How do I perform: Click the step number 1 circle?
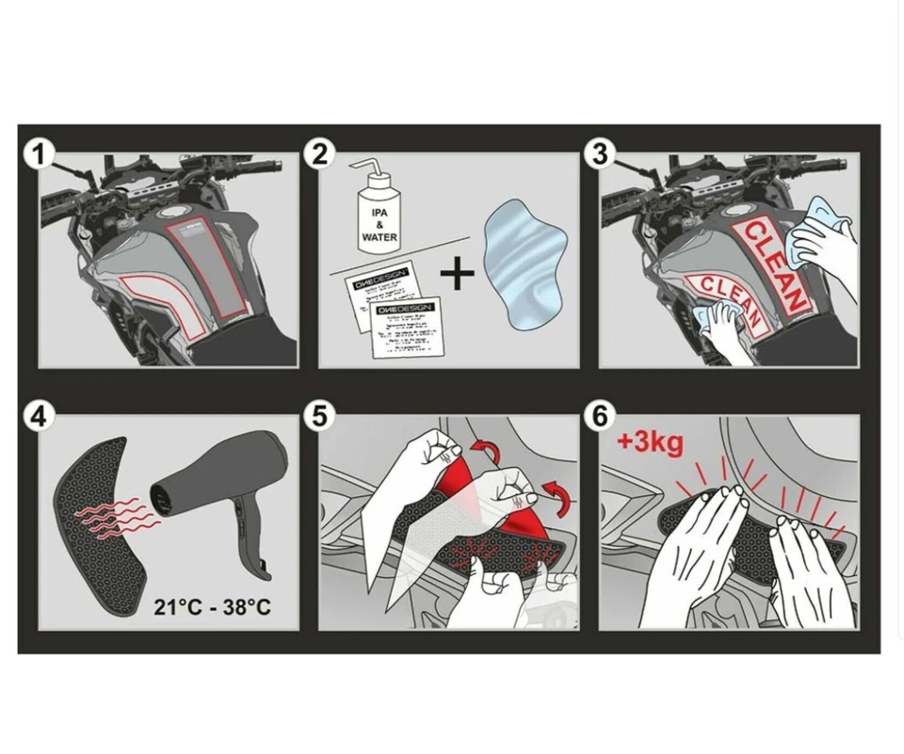pyautogui.click(x=39, y=153)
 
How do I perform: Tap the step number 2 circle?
pyautogui.click(x=320, y=153)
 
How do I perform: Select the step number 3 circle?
pyautogui.click(x=600, y=153)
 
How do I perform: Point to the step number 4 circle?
pyautogui.click(x=39, y=416)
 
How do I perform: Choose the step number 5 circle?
pyautogui.click(x=320, y=416)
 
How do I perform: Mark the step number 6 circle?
pyautogui.click(x=600, y=416)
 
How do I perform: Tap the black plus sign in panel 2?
pyautogui.click(x=458, y=274)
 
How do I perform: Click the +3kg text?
pyautogui.click(x=651, y=441)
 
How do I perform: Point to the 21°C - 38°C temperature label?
pyautogui.click(x=212, y=606)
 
